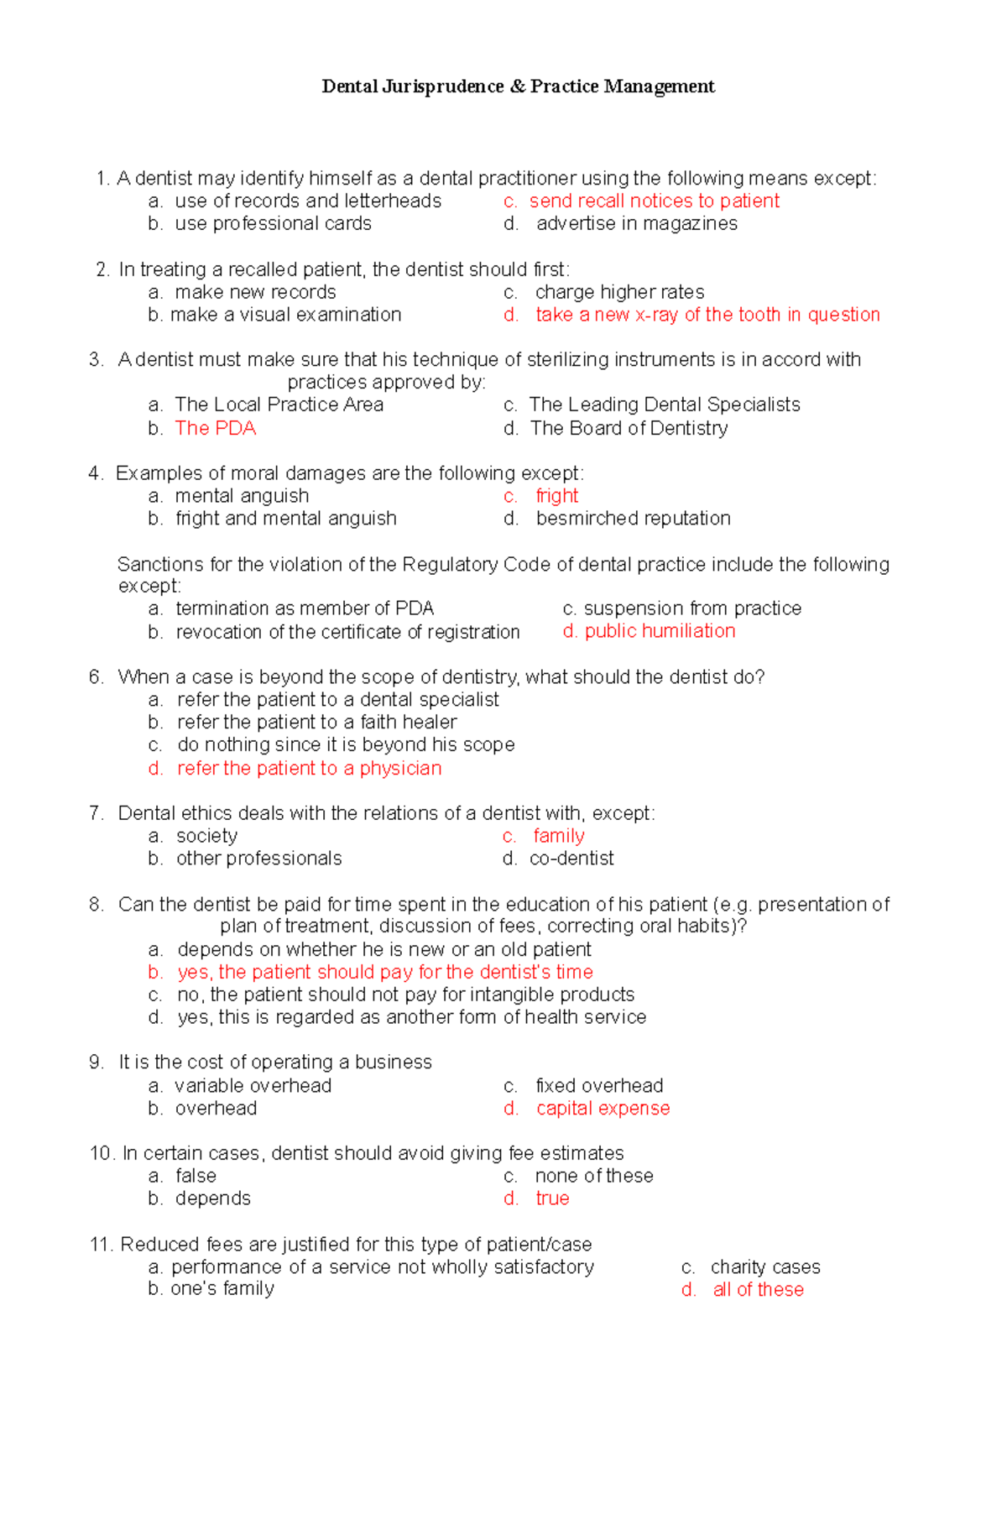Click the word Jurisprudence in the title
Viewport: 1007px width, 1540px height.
pos(442,86)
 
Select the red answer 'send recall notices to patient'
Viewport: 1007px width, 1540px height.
pos(654,201)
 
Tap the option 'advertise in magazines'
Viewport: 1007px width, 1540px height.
pos(636,224)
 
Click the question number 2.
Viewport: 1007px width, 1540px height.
pos(102,269)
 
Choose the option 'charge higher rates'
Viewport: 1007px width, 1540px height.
pos(619,292)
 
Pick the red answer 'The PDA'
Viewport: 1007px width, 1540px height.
pos(216,428)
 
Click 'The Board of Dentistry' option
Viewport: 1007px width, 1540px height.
pos(629,428)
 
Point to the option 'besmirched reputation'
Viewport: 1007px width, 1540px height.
pos(633,519)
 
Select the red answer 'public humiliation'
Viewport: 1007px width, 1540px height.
pos(660,631)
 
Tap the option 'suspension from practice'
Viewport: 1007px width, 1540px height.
pos(692,608)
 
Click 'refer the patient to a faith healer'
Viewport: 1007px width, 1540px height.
pos(316,723)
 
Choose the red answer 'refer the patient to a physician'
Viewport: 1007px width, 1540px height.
pos(309,769)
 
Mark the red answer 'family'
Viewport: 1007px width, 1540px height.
pos(559,836)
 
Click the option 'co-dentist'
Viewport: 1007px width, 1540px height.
pos(571,859)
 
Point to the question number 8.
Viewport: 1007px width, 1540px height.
pos(96,905)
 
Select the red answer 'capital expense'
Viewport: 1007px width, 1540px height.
pos(603,1109)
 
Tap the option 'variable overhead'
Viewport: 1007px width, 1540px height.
pos(253,1086)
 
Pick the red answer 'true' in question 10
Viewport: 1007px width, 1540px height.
pos(552,1198)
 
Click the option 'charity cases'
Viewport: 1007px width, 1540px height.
pos(764,1267)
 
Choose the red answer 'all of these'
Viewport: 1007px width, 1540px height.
pos(758,1290)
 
